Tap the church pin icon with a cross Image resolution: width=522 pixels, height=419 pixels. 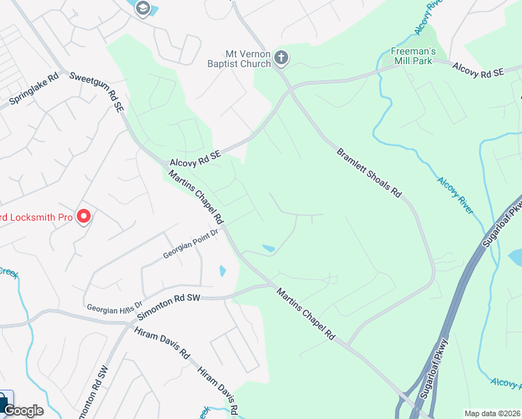click(281, 57)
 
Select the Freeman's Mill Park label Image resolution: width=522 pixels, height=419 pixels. click(412, 56)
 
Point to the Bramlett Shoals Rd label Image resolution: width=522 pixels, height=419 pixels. click(370, 172)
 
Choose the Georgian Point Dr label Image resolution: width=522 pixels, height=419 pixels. click(191, 245)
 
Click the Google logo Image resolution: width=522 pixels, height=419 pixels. click(23, 411)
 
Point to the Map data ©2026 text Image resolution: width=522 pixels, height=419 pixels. click(492, 413)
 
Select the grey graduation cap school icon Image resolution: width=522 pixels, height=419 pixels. click(144, 8)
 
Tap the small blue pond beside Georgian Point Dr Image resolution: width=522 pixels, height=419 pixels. click(223, 270)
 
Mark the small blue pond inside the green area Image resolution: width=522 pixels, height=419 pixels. click(269, 248)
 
